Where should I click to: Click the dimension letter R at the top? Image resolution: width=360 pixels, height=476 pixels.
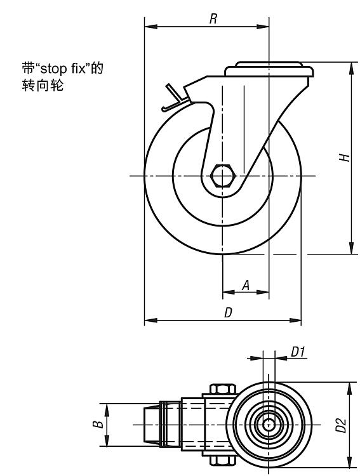pyautogui.click(x=213, y=19)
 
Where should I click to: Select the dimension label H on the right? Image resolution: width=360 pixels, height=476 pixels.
pyautogui.click(x=345, y=157)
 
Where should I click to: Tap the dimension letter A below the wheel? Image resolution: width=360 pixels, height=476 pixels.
pyautogui.click(x=246, y=285)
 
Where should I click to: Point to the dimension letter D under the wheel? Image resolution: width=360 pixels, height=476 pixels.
pyautogui.click(x=228, y=313)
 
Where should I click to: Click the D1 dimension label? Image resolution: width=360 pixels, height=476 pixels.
pyautogui.click(x=298, y=352)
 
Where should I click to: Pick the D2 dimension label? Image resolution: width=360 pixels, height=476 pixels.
pyautogui.click(x=341, y=425)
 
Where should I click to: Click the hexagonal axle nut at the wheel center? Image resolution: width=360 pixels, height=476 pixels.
pyautogui.click(x=222, y=175)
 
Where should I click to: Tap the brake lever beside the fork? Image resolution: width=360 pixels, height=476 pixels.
pyautogui.click(x=174, y=98)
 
